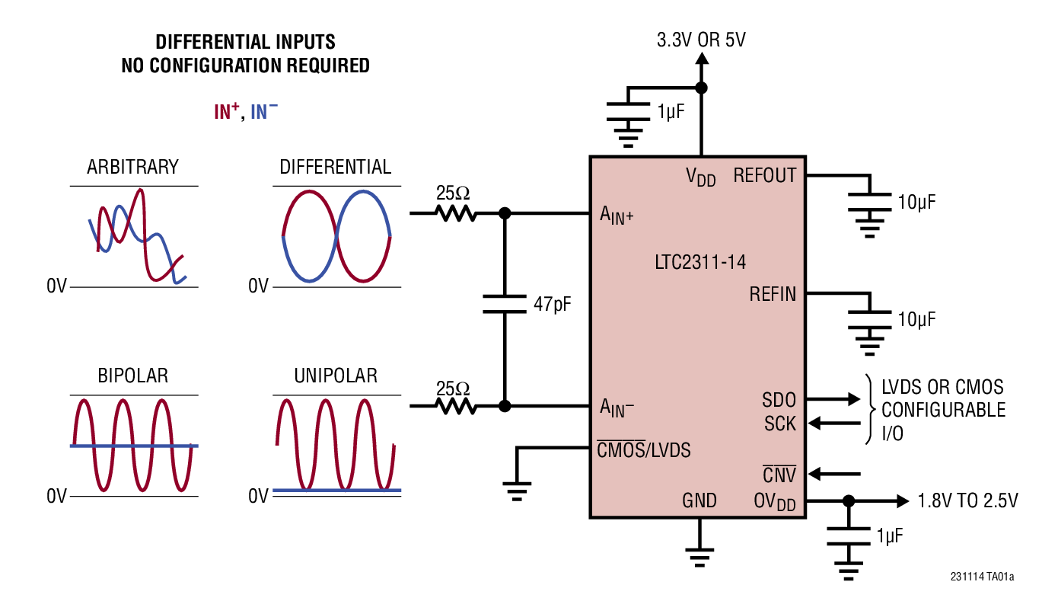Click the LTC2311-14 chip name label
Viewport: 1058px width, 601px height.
(x=699, y=263)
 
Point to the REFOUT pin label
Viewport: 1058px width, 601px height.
(x=764, y=176)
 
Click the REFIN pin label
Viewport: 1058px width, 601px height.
(x=772, y=294)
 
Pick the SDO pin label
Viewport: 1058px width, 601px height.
(x=779, y=400)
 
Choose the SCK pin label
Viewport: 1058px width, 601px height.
(x=779, y=424)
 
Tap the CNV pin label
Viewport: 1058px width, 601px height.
(x=779, y=475)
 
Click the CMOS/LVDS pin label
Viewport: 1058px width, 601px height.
(x=643, y=450)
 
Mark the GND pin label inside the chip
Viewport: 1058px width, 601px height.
(x=699, y=500)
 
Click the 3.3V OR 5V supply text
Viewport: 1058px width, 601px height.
(x=701, y=40)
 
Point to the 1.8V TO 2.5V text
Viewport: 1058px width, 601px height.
(x=967, y=500)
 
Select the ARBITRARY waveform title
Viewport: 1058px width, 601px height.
(x=132, y=167)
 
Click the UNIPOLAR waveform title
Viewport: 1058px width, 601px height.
(x=335, y=376)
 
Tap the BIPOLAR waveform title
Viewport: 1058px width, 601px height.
(x=132, y=376)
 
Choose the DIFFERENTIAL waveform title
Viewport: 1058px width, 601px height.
(x=335, y=167)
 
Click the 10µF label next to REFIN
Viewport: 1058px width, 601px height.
(x=916, y=319)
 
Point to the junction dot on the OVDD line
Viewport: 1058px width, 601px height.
(x=849, y=500)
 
